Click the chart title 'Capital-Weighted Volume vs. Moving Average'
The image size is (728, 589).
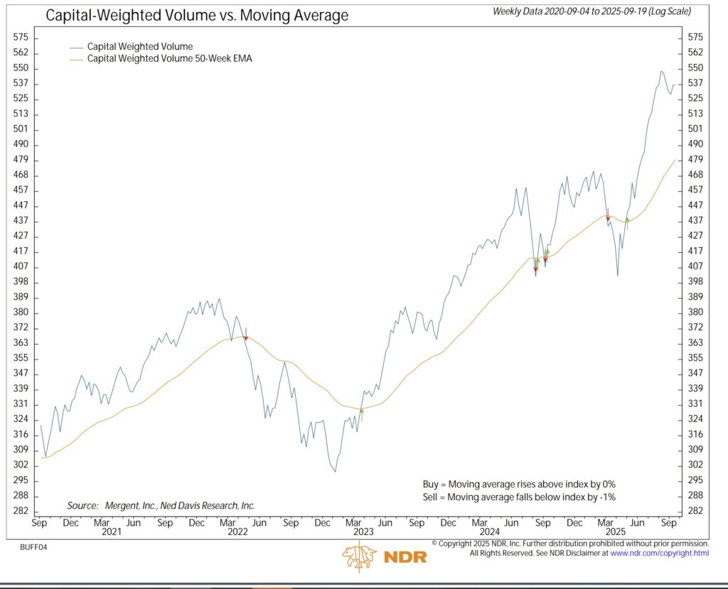pyautogui.click(x=197, y=15)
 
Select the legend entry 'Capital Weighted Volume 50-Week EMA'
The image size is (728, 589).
pyautogui.click(x=169, y=59)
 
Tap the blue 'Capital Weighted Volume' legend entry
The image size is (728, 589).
pyautogui.click(x=139, y=47)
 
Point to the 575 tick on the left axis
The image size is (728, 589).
pyautogui.click(x=21, y=37)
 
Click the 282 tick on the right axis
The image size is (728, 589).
pyautogui.click(x=696, y=511)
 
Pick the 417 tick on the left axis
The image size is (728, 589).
pyautogui.click(x=21, y=252)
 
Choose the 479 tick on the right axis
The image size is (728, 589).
pyautogui.click(x=696, y=160)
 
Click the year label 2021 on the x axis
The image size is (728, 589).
pyautogui.click(x=111, y=531)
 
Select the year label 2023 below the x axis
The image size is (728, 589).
pyautogui.click(x=363, y=531)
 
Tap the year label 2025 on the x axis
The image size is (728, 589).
pyautogui.click(x=614, y=531)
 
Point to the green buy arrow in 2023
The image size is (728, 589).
pyautogui.click(x=362, y=414)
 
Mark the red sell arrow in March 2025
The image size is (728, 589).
pyautogui.click(x=608, y=217)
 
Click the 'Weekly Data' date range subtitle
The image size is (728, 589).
pyautogui.click(x=591, y=11)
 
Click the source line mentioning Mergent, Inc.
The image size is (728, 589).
pyautogui.click(x=161, y=505)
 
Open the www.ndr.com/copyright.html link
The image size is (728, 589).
pyautogui.click(x=660, y=553)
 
